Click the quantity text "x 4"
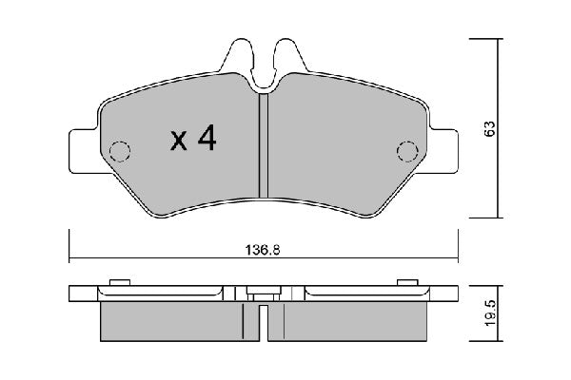click(193, 140)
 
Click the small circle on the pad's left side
click(121, 151)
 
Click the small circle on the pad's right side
click(406, 151)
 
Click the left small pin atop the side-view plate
click(120, 282)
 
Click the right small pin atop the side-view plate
click(407, 282)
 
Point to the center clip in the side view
click(264, 302)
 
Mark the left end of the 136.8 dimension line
click(70, 257)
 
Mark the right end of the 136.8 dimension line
click(457, 257)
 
